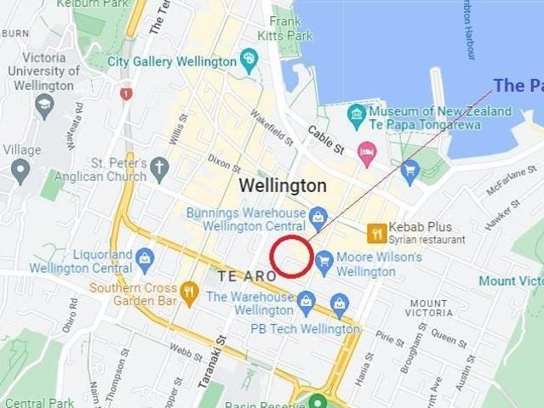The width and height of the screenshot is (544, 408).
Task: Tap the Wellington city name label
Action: (x=282, y=185)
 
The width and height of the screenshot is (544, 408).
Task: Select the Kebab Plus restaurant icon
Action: (x=376, y=232)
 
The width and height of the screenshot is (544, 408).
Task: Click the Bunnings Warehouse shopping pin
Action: (x=318, y=216)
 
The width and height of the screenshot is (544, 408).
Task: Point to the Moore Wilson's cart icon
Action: (x=324, y=261)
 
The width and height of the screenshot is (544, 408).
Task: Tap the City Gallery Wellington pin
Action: (x=249, y=59)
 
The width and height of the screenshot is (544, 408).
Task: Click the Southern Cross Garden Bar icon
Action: (x=189, y=292)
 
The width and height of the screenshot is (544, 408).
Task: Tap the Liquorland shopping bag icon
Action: (x=145, y=257)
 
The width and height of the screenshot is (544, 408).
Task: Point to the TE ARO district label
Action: (x=247, y=277)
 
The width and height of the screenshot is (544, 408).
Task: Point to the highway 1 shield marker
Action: (x=126, y=93)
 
